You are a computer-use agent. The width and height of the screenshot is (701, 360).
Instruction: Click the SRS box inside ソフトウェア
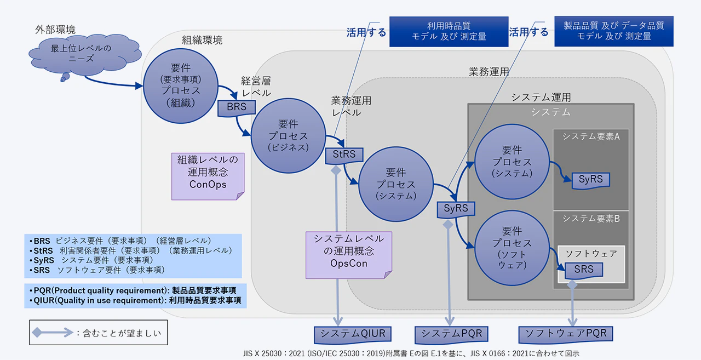pos(583,270)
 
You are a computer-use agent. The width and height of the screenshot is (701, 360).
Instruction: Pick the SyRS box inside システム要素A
pos(590,179)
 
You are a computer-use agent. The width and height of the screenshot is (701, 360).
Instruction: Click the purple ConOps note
pos(208,172)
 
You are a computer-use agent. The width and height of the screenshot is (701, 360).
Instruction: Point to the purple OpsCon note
pos(348,251)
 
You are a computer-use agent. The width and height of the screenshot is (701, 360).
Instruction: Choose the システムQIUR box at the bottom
pos(353,334)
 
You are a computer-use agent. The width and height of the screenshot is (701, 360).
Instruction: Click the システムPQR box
pos(450,334)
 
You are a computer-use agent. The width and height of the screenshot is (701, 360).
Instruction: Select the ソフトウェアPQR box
pos(566,334)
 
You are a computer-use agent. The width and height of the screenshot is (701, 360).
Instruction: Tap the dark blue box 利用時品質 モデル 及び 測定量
pos(449,31)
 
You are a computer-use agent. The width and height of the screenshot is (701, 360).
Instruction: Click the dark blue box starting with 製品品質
pos(614,31)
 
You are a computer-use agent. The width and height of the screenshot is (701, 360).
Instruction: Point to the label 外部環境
pos(55,30)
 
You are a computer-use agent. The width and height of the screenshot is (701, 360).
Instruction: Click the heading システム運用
pos(541,98)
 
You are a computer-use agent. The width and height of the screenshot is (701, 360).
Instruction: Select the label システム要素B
pos(590,219)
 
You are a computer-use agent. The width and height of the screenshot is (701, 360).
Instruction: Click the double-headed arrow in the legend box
pos(52,333)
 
